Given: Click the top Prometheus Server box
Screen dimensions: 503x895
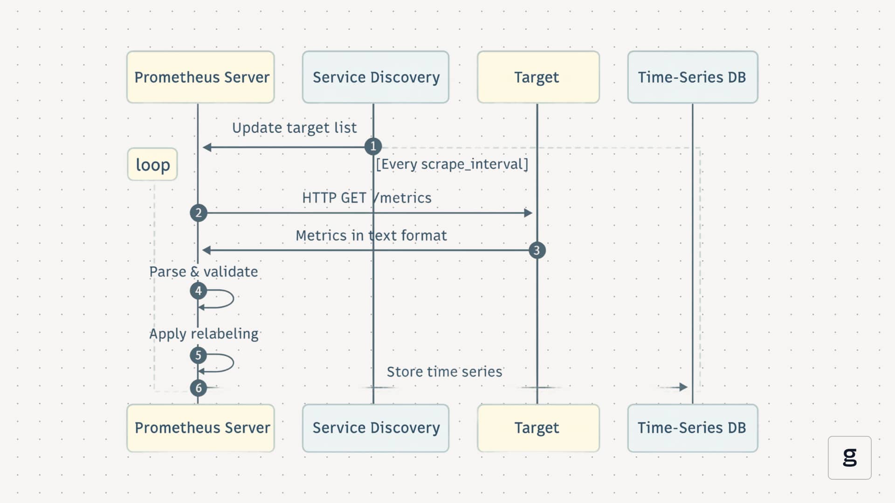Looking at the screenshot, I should (200, 77).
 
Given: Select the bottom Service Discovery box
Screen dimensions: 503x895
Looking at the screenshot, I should (376, 428).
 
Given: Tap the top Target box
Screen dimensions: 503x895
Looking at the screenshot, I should (538, 77).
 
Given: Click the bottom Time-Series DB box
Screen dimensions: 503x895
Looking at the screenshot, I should (692, 428).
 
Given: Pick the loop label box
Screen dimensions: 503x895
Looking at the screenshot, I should (152, 164).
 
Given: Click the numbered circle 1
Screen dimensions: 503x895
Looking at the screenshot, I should (373, 147).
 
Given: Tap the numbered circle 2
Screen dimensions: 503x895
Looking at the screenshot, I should (199, 213).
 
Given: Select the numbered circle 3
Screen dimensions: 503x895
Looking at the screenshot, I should (537, 251).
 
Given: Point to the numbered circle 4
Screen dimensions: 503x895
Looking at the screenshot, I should (199, 291).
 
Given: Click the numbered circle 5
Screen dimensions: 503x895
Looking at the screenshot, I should (199, 355).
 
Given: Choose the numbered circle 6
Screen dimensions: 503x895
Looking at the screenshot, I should (199, 387).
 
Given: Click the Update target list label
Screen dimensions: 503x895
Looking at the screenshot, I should (294, 128).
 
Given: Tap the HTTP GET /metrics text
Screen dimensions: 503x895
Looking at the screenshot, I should (367, 198).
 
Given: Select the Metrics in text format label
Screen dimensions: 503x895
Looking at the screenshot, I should (371, 236).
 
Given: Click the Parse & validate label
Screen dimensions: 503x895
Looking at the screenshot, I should (203, 272).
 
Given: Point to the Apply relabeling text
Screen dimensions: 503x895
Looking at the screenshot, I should (204, 334).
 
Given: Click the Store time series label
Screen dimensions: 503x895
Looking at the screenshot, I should (444, 372).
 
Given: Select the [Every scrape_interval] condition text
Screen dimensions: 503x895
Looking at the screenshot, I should (452, 164).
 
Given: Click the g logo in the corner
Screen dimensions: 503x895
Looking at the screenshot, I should (849, 457).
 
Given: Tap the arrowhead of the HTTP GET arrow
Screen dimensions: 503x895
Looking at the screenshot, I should (528, 213).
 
